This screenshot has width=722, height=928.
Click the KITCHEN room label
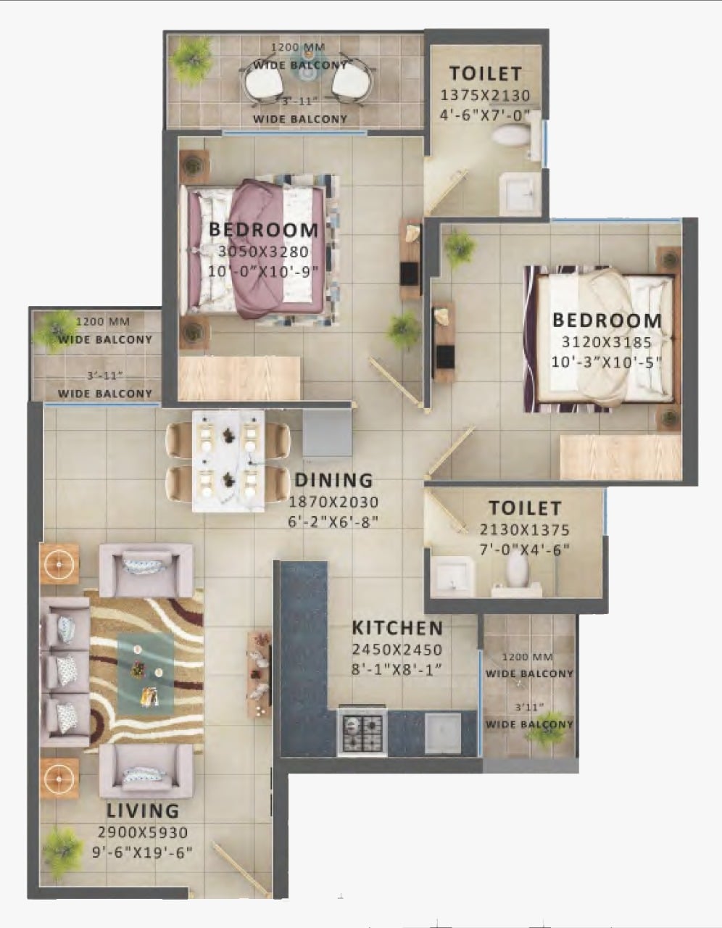(397, 627)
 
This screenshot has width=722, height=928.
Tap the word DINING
(334, 481)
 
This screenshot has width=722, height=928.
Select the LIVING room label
(143, 811)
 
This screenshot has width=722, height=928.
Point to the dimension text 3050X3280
(263, 252)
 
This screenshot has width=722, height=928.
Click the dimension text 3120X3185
(606, 342)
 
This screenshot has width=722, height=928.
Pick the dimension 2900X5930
(143, 832)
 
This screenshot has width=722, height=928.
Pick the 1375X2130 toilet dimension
(485, 95)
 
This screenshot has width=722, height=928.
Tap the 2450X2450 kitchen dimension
(397, 650)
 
